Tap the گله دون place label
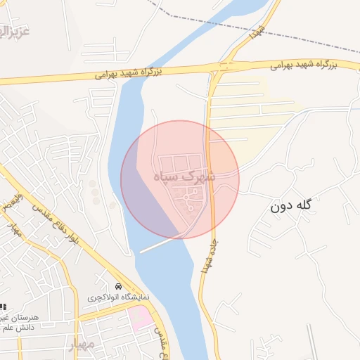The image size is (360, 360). pyautogui.click(x=290, y=207)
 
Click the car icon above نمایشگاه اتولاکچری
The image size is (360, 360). pyautogui.click(x=118, y=288)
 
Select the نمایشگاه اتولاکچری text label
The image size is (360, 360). pyautogui.click(x=119, y=298)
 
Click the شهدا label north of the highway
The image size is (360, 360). pyautogui.click(x=258, y=30)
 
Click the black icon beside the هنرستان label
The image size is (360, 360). pyautogui.click(x=3, y=307)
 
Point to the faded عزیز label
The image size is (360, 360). pyautogui.click(x=15, y=32)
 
